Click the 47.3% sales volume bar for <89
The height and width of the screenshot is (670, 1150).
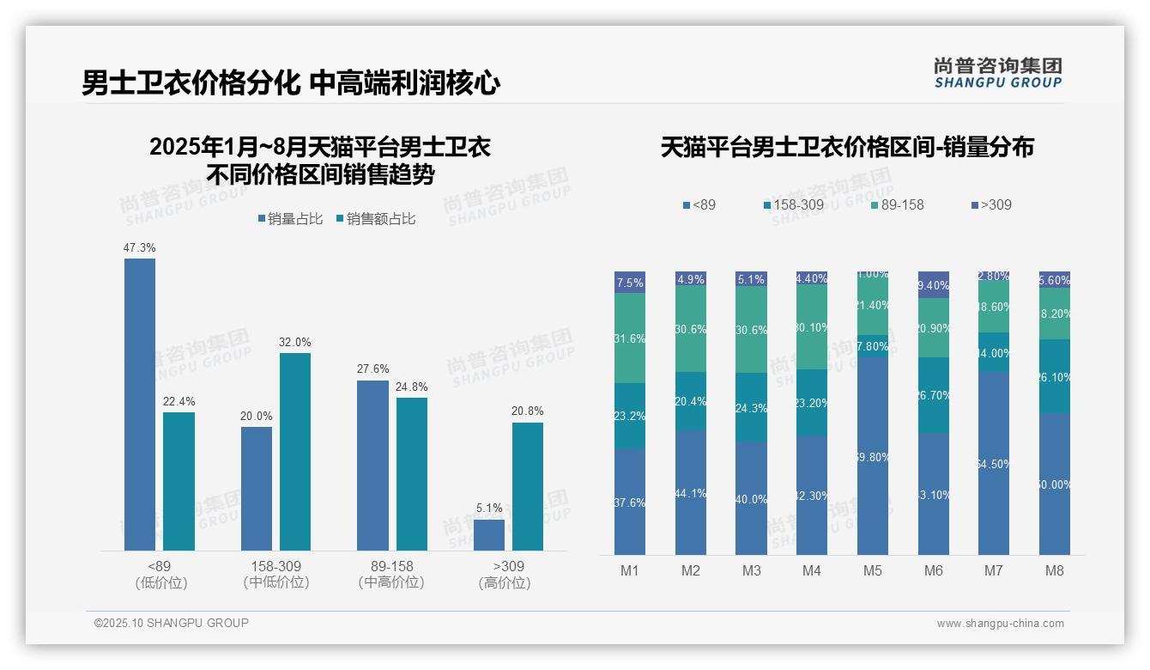pyautogui.click(x=140, y=404)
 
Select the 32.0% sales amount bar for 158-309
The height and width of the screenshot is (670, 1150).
pyautogui.click(x=294, y=451)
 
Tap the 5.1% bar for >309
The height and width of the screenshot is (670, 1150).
pyautogui.click(x=489, y=534)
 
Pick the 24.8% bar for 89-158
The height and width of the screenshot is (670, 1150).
pyautogui.click(x=412, y=473)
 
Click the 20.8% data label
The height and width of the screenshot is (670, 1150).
pyautogui.click(x=527, y=411)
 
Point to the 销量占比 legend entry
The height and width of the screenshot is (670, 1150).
pyautogui.click(x=290, y=219)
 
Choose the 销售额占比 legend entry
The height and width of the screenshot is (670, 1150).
pyautogui.click(x=376, y=219)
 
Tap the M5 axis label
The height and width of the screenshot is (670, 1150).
pyautogui.click(x=873, y=570)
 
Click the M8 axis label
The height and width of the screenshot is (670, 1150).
pyautogui.click(x=1055, y=570)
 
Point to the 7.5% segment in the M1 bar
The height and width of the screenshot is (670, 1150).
pyautogui.click(x=630, y=283)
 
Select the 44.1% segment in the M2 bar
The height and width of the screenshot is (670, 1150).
pyautogui.click(x=691, y=492)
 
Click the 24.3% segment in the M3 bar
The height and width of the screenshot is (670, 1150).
pyautogui.click(x=751, y=407)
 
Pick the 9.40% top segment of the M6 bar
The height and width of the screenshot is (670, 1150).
pyautogui.click(x=934, y=285)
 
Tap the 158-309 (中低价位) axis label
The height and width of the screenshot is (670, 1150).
pyautogui.click(x=275, y=574)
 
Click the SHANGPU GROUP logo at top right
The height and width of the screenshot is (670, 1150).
pyautogui.click(x=997, y=72)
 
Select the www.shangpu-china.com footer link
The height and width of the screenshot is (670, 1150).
pyautogui.click(x=1000, y=624)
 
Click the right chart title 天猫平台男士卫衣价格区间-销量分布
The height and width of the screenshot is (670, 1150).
pyautogui.click(x=847, y=147)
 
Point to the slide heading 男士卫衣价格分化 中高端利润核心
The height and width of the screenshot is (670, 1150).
pyautogui.click(x=291, y=83)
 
